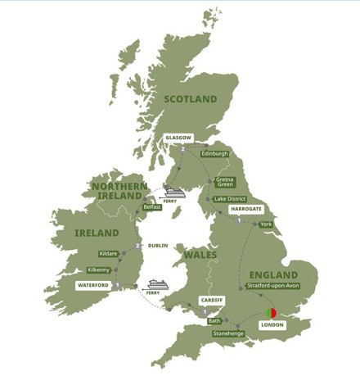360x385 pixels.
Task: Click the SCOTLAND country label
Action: coord(190,99)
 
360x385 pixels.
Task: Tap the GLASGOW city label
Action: coord(178,138)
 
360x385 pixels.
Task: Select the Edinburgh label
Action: coord(215,153)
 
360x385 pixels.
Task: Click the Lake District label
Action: coord(230,199)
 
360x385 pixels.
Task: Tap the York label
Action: coord(265,224)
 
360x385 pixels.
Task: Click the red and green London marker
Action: coord(271,311)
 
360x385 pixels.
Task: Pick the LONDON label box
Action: coord(272,325)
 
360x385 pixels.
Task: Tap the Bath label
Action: coord(214,321)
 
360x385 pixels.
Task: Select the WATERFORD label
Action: coord(92,285)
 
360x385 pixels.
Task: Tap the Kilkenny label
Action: coord(101,269)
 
